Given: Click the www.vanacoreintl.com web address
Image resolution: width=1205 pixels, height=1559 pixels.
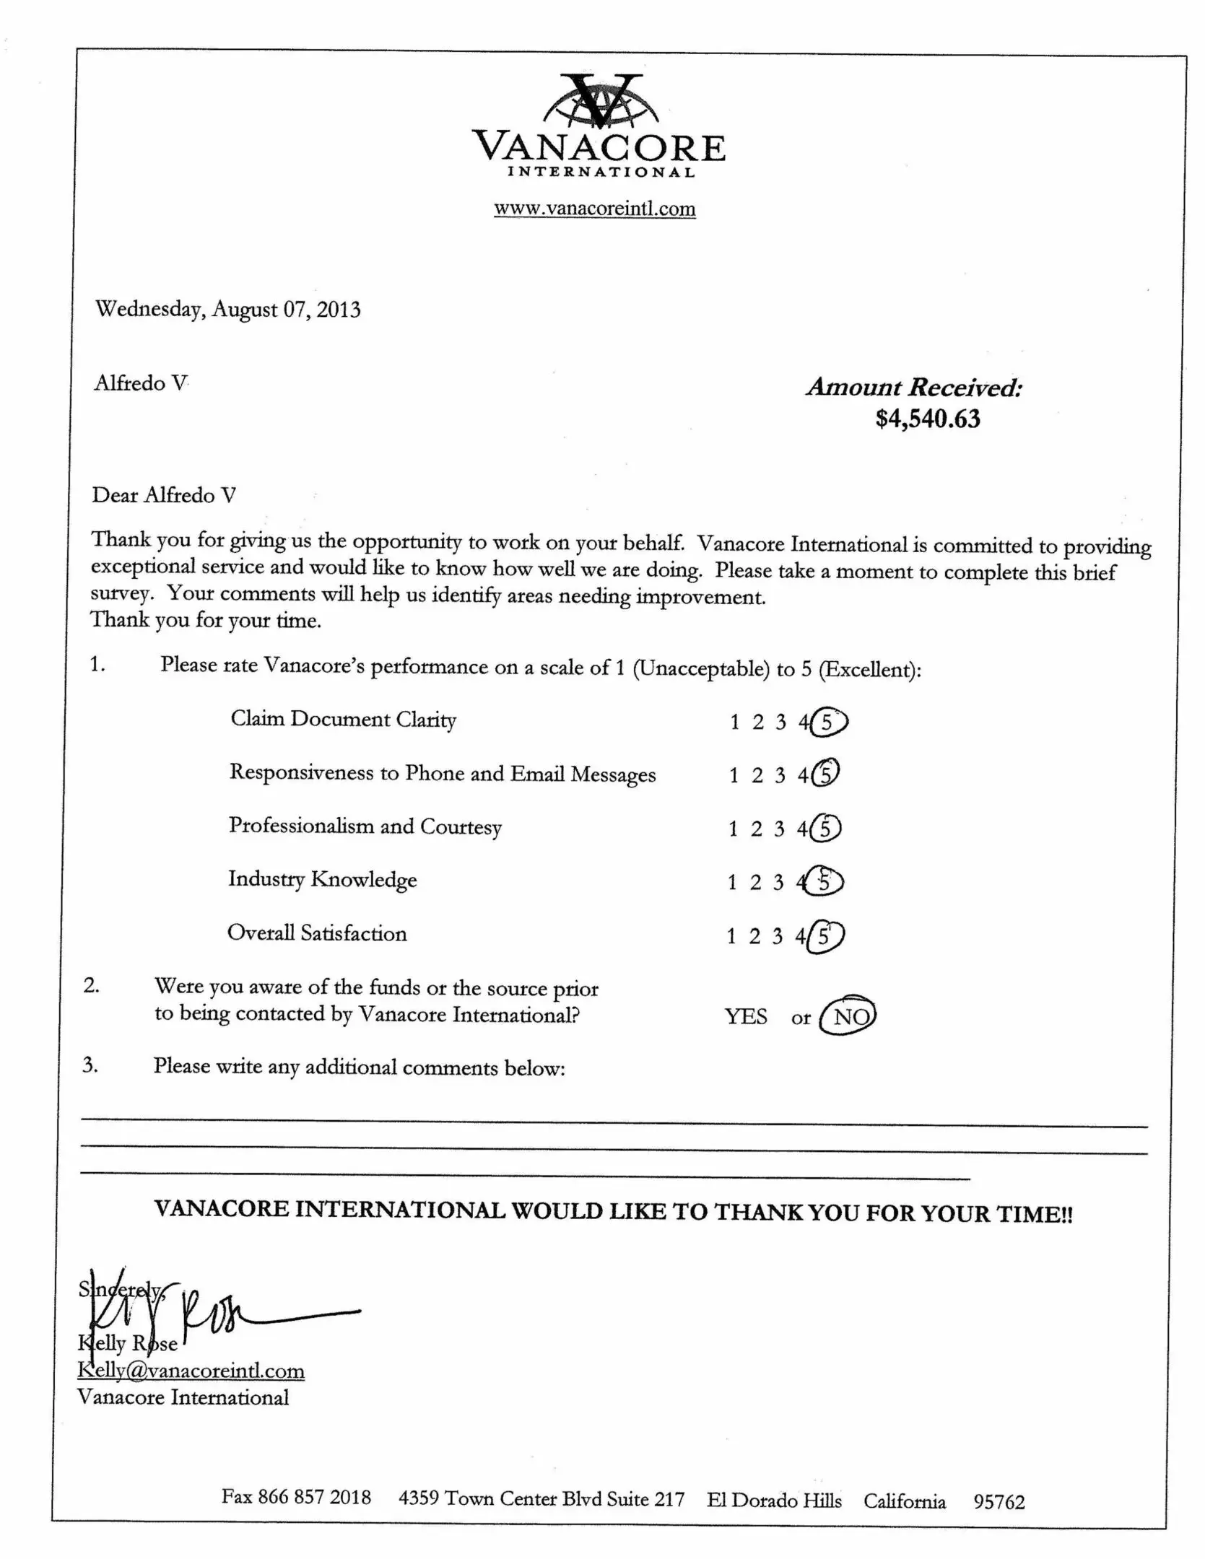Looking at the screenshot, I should (x=594, y=209).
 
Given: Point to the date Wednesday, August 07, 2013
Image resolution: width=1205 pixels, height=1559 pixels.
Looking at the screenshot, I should (x=228, y=310).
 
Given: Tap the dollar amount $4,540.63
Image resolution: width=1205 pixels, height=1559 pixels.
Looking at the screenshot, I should (x=928, y=419).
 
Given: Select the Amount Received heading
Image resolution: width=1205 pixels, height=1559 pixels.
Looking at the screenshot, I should (x=914, y=388).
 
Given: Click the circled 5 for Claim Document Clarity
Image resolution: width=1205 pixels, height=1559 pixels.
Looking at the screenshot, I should (x=828, y=722).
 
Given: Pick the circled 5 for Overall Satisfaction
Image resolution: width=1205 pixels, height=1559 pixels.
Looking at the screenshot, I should (x=825, y=937).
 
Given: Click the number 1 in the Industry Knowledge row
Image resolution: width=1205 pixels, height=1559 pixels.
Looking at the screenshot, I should (x=732, y=882).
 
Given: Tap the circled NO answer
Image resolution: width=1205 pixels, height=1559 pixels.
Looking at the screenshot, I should (x=849, y=1017).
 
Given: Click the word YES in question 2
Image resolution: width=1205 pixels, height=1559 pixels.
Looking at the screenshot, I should (x=746, y=1017).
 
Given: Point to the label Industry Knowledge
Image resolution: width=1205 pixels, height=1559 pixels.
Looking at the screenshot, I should (x=322, y=879).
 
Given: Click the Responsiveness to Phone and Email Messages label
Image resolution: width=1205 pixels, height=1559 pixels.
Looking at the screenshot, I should (x=442, y=774).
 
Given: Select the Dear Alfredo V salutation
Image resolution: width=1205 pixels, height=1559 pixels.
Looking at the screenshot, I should (x=164, y=495).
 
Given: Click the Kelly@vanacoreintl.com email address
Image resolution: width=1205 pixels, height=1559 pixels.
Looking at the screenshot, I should (x=191, y=1371).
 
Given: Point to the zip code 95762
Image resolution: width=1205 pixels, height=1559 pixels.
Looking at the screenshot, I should (x=999, y=1501).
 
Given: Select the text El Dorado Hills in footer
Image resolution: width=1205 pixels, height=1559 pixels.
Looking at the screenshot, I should (x=774, y=1500).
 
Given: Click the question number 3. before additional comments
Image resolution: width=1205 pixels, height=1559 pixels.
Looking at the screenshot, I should (x=90, y=1065).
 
